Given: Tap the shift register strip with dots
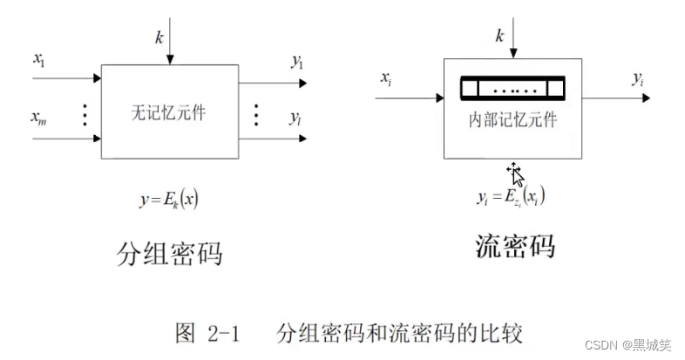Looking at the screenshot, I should (512, 89).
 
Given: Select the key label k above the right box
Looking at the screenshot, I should (499, 36).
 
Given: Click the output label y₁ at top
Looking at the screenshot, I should (297, 60).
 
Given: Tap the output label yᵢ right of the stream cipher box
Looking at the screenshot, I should (638, 79).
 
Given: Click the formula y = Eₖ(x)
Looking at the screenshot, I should (169, 199).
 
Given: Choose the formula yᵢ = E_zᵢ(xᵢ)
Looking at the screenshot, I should (511, 199).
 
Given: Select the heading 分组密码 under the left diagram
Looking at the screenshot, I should (169, 253).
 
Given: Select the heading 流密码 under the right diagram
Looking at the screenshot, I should (514, 246).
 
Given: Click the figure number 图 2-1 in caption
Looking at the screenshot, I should (207, 332).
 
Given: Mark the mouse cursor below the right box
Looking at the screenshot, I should (516, 175).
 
